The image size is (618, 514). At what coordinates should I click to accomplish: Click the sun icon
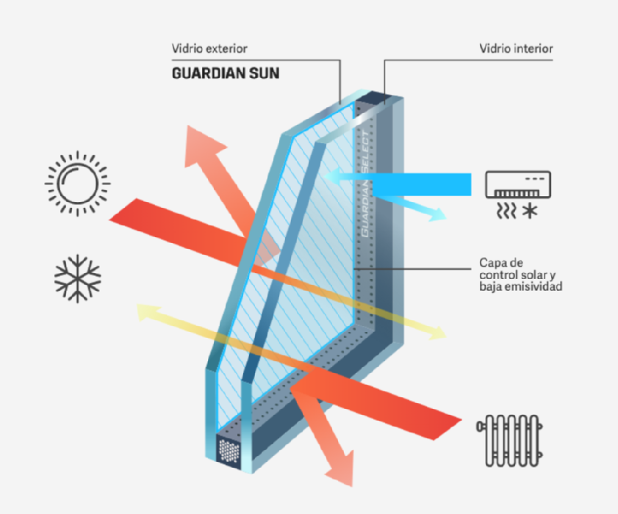coord(78,184)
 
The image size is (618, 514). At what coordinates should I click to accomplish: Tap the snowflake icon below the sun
coord(78,278)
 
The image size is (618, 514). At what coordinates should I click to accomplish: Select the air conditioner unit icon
coord(518,184)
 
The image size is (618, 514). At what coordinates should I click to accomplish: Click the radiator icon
coord(509,441)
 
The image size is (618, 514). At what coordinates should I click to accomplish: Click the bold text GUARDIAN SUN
coord(226,73)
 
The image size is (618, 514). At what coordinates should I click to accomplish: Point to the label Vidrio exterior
coord(209,49)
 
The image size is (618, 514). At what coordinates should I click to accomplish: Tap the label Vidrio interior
coord(516,49)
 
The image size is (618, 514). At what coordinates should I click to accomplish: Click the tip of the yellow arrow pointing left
coord(137,306)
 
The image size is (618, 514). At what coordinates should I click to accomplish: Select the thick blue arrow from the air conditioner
coord(398,184)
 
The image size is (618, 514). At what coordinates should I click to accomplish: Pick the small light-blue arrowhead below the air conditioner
coord(437,215)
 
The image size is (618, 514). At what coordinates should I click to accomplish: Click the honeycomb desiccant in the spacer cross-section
coord(229,451)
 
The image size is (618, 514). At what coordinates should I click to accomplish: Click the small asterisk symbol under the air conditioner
coord(529,211)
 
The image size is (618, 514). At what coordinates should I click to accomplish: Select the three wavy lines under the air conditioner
coord(506,211)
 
